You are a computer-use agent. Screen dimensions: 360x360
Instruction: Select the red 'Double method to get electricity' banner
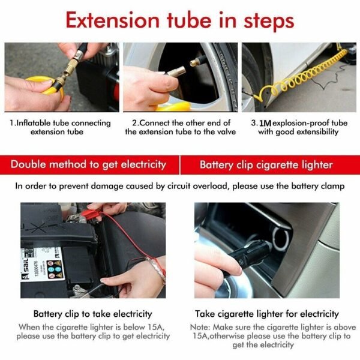(95, 164)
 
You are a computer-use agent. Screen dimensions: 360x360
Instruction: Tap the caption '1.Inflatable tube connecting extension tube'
(61, 127)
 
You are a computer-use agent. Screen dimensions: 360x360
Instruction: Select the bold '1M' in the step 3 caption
(265, 123)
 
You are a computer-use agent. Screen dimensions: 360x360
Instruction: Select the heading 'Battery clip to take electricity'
(92, 314)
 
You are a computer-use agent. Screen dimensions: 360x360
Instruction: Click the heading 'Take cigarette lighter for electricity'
(267, 314)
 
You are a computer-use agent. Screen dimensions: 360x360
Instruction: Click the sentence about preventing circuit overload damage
(180, 186)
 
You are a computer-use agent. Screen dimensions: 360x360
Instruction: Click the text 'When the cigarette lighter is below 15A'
(93, 327)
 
